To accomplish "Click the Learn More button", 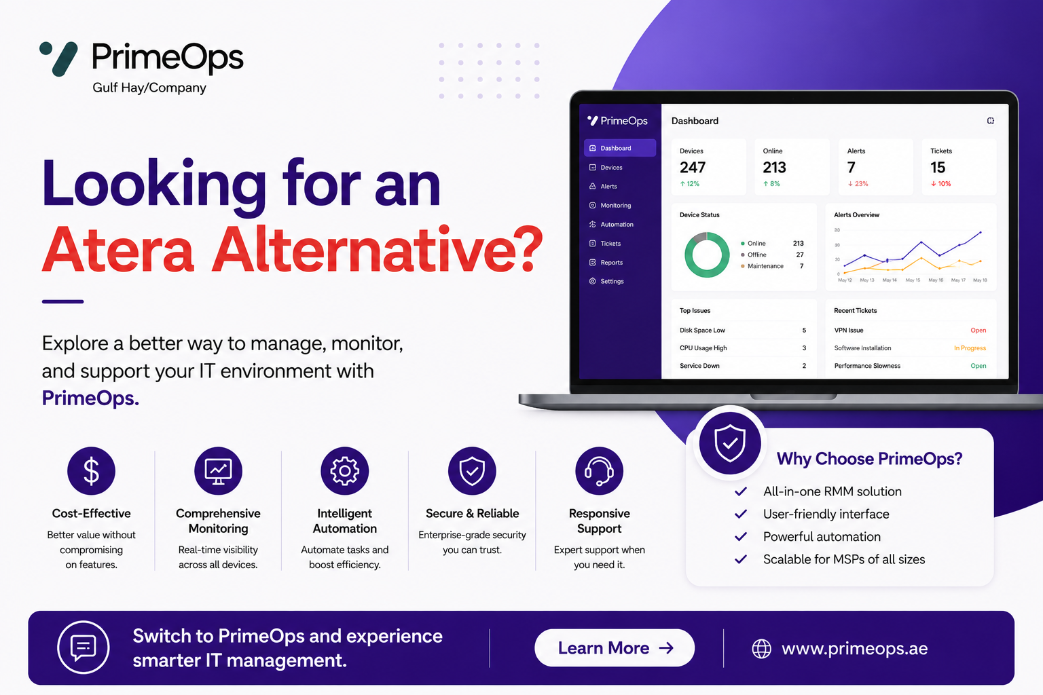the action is pos(614,647).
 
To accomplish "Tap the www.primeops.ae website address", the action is pos(854,648).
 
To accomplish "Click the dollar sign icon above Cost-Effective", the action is pos(91,470).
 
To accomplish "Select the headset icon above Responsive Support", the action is pos(599,470).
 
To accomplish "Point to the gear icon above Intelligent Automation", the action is pos(344,470).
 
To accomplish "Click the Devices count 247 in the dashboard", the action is pos(693,167).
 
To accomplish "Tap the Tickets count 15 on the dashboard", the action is pos(938,167).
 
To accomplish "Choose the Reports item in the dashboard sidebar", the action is pos(611,263).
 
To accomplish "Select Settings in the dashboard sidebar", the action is pos(612,281).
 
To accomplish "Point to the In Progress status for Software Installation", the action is pos(970,347).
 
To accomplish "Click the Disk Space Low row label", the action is pos(702,330).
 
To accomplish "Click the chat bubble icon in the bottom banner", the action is pos(84,647).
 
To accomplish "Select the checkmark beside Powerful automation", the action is pos(741,537).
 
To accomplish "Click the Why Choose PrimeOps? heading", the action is pos(869,459).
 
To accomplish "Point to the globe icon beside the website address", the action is pos(762,648).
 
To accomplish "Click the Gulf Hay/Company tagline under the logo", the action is pos(149,88).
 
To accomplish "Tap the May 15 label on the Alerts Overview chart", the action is pos(913,280).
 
